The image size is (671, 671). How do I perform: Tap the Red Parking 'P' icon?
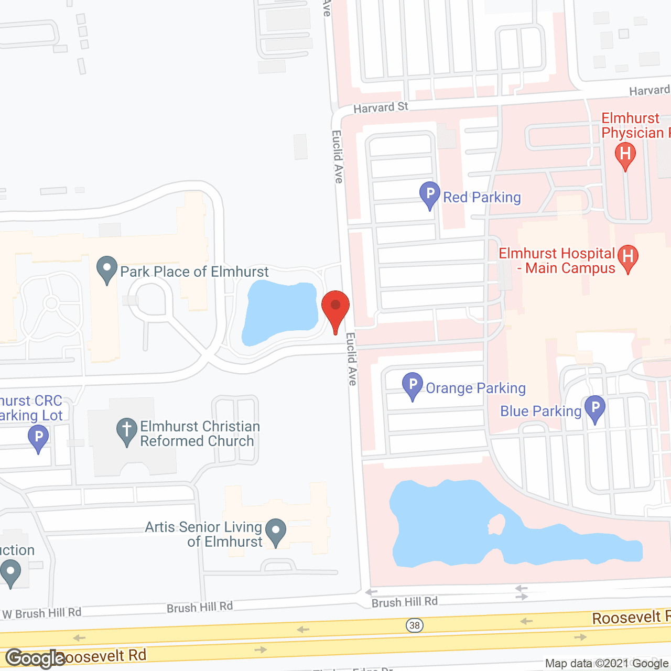click(429, 193)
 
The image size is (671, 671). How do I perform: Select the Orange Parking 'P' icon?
click(413, 384)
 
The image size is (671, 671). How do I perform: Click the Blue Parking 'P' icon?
click(595, 407)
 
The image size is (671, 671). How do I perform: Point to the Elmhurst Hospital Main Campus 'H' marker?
click(628, 257)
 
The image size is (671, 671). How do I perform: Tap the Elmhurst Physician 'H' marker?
click(625, 155)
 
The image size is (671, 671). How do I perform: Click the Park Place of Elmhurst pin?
click(107, 268)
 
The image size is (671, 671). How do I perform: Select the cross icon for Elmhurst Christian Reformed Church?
click(126, 430)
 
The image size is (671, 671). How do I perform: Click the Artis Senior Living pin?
click(276, 531)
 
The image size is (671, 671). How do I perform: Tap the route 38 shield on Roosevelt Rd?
click(415, 625)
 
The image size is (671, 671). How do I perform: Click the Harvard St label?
click(381, 107)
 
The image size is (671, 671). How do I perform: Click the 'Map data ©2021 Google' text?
click(607, 664)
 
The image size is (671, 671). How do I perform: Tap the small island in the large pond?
click(496, 523)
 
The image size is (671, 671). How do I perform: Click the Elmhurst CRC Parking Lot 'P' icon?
click(38, 437)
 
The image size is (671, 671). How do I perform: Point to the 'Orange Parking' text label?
click(475, 388)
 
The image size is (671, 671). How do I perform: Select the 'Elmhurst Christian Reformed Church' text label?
click(200, 434)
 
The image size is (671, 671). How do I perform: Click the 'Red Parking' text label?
click(482, 197)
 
